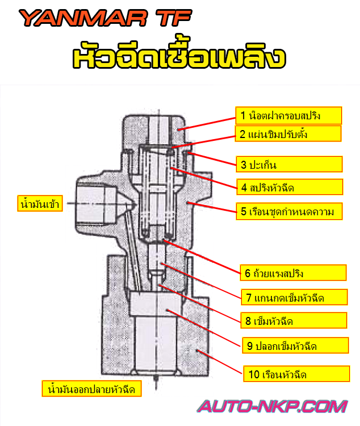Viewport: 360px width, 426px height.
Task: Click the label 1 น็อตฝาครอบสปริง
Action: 288,116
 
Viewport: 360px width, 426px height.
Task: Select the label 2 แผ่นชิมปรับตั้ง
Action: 288,134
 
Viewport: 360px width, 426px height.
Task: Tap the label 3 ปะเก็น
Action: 288,165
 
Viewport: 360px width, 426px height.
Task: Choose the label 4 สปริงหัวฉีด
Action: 289,187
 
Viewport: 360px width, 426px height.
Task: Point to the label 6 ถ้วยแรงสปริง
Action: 293,273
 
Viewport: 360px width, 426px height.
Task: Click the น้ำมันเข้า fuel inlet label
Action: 39,203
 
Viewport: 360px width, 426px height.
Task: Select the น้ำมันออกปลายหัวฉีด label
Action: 91,390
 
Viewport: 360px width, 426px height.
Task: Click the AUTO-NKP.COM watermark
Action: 272,407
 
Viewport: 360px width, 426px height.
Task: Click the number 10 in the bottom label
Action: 254,374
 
